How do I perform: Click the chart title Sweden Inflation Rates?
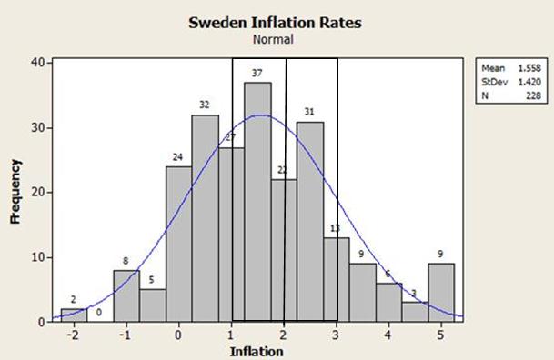(x=275, y=23)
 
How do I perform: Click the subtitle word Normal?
(x=275, y=40)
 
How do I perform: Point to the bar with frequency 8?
(x=126, y=295)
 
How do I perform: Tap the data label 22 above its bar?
(x=283, y=170)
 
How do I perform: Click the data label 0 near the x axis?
(x=100, y=312)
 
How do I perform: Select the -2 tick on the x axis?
(x=73, y=334)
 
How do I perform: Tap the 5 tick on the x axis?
(x=441, y=334)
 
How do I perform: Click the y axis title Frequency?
(x=15, y=192)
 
